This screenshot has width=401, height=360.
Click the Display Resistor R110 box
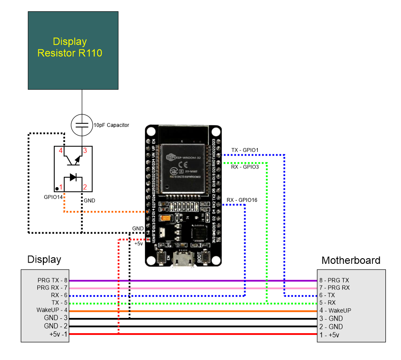pos(73,50)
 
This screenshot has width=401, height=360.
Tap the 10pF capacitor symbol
pos(82,124)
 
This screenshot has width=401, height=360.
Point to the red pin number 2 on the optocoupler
pos(85,187)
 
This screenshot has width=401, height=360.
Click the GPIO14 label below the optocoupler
pos(54,197)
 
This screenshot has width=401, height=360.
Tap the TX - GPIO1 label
pos(245,150)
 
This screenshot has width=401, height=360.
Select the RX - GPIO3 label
pos(245,166)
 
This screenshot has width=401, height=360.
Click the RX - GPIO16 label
pos(242,200)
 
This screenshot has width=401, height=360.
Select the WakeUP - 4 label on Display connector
pos(53,310)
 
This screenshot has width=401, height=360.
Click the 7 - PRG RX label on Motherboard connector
pos(334,288)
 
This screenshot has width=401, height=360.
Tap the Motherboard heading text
pos(351,260)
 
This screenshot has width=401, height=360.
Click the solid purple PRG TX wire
pos(191,281)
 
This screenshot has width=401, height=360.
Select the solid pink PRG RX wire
pos(191,288)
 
